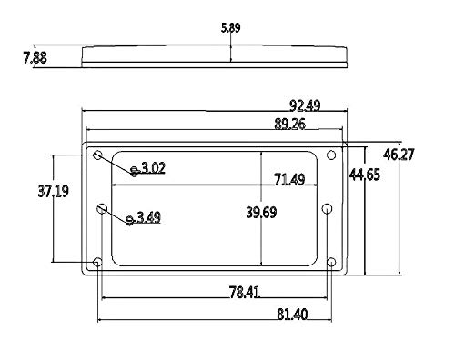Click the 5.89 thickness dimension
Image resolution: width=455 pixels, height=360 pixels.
[x=231, y=28]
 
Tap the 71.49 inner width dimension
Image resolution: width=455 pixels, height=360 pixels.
[x=284, y=180]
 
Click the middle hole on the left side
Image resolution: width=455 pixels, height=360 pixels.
[x=103, y=209]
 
